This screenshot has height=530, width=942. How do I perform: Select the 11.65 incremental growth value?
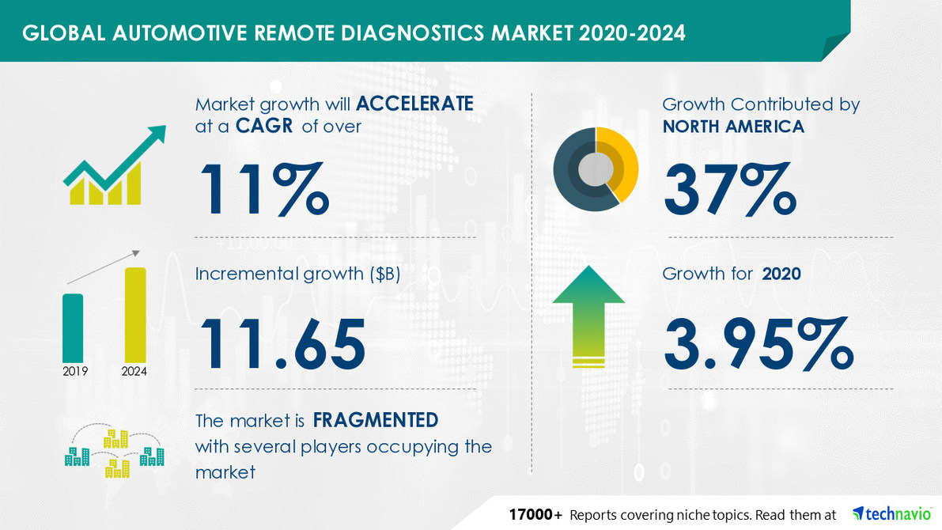(x=281, y=345)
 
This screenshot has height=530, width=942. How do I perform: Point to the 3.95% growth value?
(x=758, y=345)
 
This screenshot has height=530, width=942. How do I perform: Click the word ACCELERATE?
(x=414, y=104)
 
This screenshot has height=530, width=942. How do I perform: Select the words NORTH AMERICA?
(x=732, y=126)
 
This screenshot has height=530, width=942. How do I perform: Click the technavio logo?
(x=890, y=513)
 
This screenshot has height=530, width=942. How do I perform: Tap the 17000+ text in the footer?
(x=535, y=514)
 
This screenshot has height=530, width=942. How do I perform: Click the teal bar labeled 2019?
(x=73, y=327)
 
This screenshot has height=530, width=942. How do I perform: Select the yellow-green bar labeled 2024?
(x=134, y=313)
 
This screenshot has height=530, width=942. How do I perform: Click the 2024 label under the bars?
(x=134, y=371)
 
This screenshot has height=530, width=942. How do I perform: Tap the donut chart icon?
(x=596, y=168)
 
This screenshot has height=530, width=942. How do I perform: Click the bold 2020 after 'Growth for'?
(x=781, y=274)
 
